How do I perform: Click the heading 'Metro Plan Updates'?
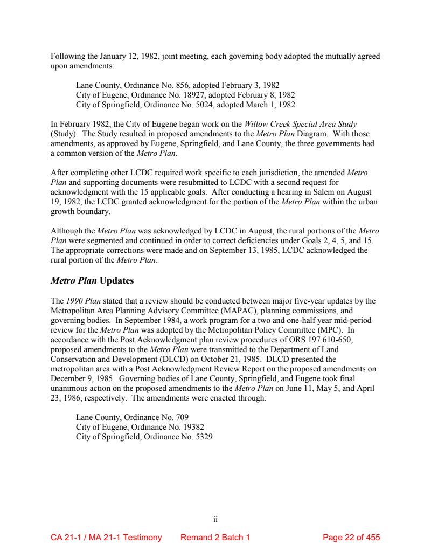coord(92,281)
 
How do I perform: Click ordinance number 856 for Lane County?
coord(183,85)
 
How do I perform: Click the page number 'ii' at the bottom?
coord(215,520)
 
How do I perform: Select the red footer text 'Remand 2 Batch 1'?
coord(215,538)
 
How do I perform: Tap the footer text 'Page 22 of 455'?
coord(351,538)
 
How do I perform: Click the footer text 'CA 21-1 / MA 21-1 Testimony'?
coord(106,538)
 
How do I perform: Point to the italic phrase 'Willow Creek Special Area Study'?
coord(300,125)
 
